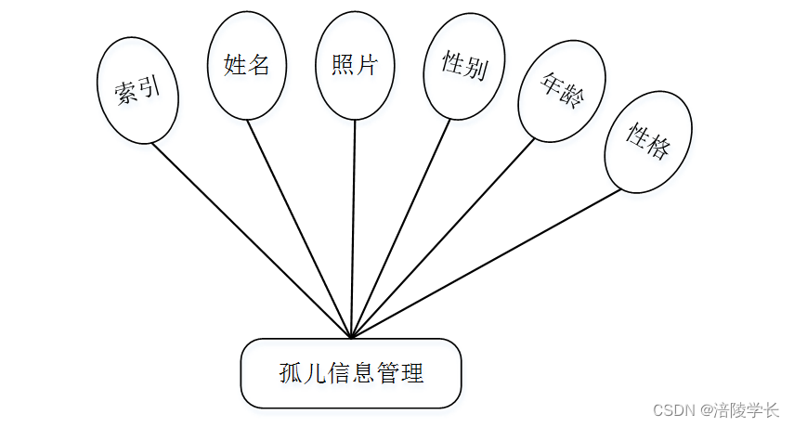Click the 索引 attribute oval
coord(137,89)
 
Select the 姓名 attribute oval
coord(247,65)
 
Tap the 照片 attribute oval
coord(355,65)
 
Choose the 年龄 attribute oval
coord(562,90)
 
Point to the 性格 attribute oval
coord(647,141)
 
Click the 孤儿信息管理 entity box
coord(351,373)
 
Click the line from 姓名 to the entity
coord(300,228)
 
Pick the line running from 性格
coord(483,265)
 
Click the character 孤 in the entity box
coord(291,374)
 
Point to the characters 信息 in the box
coord(351,374)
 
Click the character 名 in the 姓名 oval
coord(259,65)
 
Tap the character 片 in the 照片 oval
coord(368,65)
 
